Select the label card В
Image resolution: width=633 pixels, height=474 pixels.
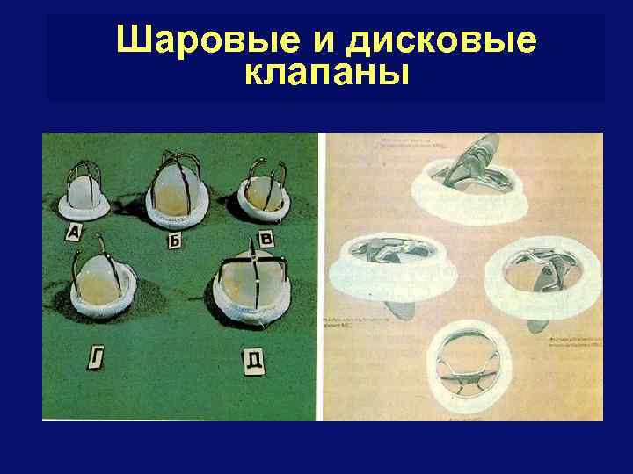267,238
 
